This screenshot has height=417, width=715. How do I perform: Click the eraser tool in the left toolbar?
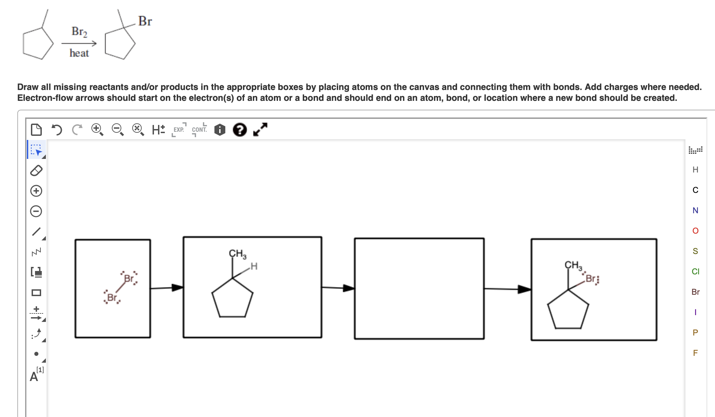click(36, 170)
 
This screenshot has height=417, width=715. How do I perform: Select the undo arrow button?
click(57, 129)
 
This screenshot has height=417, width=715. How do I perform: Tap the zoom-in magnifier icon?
click(97, 129)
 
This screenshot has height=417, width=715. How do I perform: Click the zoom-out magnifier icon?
click(118, 129)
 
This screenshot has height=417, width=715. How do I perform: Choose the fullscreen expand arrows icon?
click(260, 129)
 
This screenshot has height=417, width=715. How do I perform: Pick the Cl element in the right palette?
click(695, 271)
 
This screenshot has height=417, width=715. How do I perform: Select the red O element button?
click(695, 231)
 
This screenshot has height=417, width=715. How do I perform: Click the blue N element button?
click(695, 210)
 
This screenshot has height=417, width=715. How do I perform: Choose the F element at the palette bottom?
click(695, 353)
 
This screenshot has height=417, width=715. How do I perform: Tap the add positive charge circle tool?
click(36, 191)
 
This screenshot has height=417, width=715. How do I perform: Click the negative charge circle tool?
click(36, 211)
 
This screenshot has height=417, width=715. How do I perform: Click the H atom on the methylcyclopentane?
click(254, 266)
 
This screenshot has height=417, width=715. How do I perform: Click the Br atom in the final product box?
click(591, 279)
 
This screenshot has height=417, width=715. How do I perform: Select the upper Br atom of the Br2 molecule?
click(129, 278)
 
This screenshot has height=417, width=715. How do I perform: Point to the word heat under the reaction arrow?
click(79, 53)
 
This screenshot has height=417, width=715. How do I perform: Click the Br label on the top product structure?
click(145, 21)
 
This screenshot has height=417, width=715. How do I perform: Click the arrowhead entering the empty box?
click(349, 288)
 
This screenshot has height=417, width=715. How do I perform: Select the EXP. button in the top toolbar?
click(179, 129)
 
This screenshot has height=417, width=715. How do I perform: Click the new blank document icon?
click(36, 129)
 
